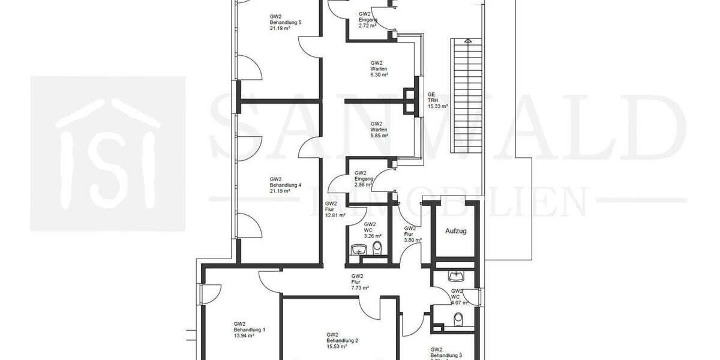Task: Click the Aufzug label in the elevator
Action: [455, 230]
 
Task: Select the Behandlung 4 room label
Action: [285, 185]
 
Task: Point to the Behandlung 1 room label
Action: [250, 329]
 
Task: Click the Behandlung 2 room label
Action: [343, 340]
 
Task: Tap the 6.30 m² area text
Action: [379, 75]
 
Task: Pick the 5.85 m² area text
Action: [379, 136]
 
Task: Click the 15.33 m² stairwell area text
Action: [438, 106]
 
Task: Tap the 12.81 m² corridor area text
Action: [335, 215]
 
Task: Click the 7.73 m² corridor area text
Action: [360, 288]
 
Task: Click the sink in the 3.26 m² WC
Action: [359, 248]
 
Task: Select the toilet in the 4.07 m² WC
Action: [458, 318]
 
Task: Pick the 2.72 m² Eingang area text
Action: [367, 26]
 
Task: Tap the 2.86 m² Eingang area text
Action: [364, 185]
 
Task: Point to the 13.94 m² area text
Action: [244, 336]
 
